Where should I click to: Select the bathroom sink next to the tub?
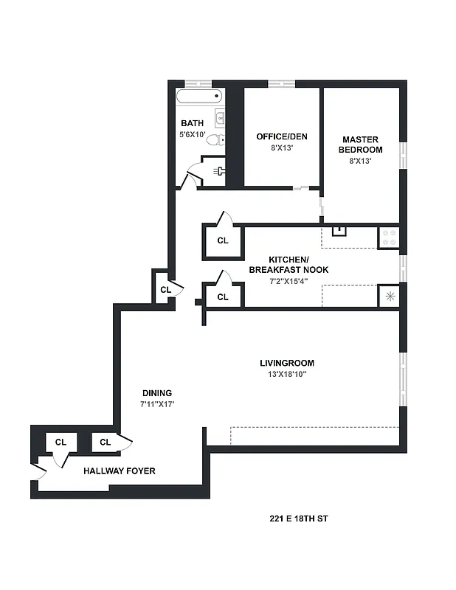coord(219,116)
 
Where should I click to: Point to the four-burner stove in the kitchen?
coord(388,237)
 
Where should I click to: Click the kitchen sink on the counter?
coord(339,231)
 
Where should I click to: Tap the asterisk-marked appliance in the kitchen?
coord(388,296)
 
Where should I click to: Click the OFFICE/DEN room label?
coord(281,136)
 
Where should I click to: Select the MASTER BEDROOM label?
coord(360,145)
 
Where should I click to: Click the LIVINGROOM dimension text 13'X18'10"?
coord(287,375)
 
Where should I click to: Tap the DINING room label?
coord(157,393)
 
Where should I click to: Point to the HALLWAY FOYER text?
coord(119,471)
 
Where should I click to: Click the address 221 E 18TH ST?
coord(298,519)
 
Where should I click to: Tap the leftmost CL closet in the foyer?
coord(61,442)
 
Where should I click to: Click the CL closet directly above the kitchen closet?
coord(223,240)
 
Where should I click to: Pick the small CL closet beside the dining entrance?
coord(165,290)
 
